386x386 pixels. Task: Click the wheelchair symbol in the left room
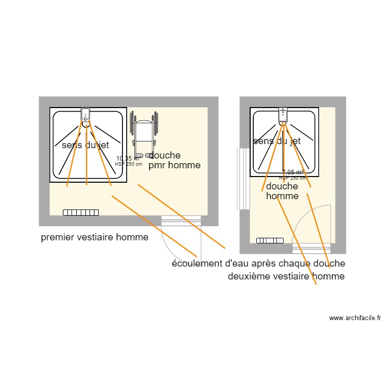click(x=145, y=135)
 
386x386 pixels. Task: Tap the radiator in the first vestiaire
click(x=81, y=212)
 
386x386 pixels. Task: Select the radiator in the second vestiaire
click(x=270, y=240)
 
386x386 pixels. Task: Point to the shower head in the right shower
click(x=283, y=116)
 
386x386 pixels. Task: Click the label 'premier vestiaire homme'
click(x=94, y=237)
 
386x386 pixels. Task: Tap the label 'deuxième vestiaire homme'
click(x=286, y=276)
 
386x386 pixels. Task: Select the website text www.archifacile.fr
click(x=355, y=318)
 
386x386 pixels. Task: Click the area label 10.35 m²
click(x=127, y=159)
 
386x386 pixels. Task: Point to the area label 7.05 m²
click(x=293, y=173)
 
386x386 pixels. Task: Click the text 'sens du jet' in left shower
click(x=85, y=146)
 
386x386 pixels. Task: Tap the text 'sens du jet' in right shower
click(x=276, y=141)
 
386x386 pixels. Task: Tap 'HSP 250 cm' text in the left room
click(x=128, y=164)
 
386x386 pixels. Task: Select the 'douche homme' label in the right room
click(x=282, y=191)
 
